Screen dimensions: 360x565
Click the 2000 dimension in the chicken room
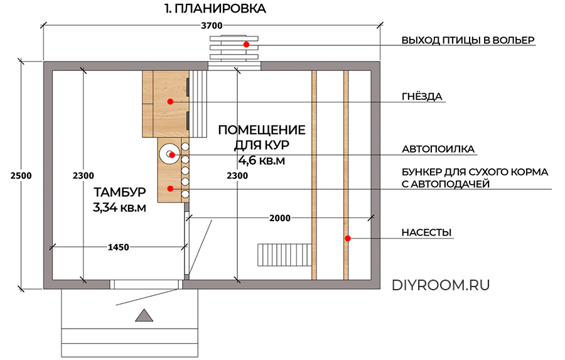pyautogui.click(x=279, y=218)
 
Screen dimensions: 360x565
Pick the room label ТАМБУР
pyautogui.click(x=119, y=192)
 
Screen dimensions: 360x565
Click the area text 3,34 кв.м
pyautogui.click(x=119, y=208)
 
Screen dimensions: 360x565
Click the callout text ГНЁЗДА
pyautogui.click(x=422, y=97)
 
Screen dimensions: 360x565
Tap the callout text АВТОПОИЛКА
pyautogui.click(x=438, y=150)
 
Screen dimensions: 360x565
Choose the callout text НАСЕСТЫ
pyautogui.click(x=426, y=233)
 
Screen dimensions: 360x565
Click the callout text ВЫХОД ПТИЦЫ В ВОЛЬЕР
pyautogui.click(x=468, y=40)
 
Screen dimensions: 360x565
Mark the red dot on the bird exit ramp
pyautogui.click(x=247, y=44)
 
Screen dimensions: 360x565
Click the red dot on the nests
pyautogui.click(x=169, y=101)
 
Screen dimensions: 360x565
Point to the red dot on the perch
pyautogui.click(x=346, y=238)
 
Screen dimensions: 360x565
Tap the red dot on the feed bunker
pyautogui.click(x=169, y=188)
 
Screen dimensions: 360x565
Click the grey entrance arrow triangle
pyautogui.click(x=144, y=315)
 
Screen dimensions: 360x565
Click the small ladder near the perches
pyautogui.click(x=284, y=255)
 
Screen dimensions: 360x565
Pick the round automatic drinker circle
pyautogui.click(x=169, y=154)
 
